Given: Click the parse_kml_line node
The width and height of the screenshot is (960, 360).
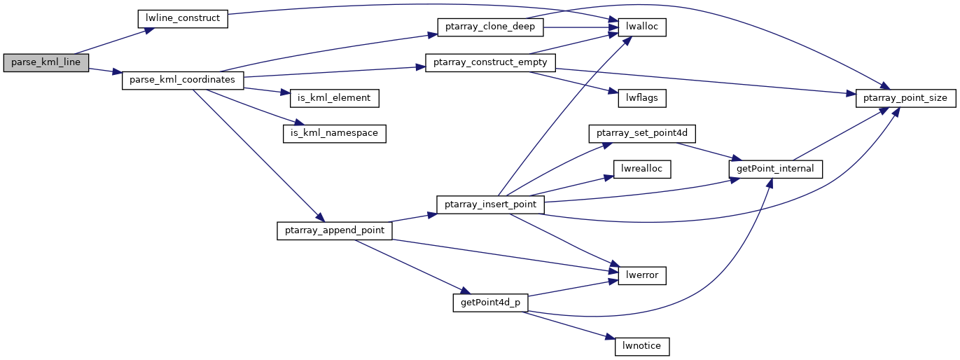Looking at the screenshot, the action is [46, 62].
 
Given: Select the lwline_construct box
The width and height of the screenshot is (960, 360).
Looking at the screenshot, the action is [183, 19].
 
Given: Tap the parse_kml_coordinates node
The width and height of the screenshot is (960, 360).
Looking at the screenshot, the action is [183, 81].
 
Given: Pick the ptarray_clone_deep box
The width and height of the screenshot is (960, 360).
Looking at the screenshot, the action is [490, 27].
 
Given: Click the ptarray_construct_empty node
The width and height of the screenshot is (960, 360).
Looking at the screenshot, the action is [490, 62].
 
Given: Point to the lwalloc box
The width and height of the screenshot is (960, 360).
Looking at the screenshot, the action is [641, 27].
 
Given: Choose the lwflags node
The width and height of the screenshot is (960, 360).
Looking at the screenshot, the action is [641, 98].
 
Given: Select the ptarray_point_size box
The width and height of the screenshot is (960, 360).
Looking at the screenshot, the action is [905, 98].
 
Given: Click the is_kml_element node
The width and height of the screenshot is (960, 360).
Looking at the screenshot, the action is [334, 98].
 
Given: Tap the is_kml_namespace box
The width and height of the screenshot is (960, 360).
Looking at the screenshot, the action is [334, 134].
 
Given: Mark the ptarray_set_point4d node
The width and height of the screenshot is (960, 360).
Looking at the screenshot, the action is [641, 134].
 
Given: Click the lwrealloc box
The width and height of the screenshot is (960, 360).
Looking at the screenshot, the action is [641, 169].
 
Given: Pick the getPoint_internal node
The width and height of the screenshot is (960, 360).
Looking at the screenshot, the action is [775, 169].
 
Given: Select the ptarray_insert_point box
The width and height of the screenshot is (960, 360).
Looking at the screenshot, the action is [490, 205].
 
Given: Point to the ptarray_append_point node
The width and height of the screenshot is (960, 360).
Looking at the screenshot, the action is [334, 231].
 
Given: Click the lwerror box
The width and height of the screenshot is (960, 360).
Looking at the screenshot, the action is [641, 275].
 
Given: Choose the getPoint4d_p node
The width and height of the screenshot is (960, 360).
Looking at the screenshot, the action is [490, 303].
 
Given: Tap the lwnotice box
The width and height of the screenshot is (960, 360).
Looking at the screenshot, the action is [641, 346].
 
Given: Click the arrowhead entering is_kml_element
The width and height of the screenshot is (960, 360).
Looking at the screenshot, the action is [284, 92].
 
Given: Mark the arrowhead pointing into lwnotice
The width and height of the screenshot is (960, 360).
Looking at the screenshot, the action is [610, 338].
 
